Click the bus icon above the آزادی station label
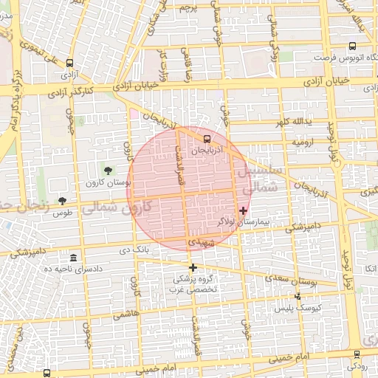tap(70, 63)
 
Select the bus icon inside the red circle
tap(207, 137)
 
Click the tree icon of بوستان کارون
tap(109, 171)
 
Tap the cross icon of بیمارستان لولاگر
tap(243, 210)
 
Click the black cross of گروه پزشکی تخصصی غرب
tap(193, 267)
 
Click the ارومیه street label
tap(303, 140)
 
